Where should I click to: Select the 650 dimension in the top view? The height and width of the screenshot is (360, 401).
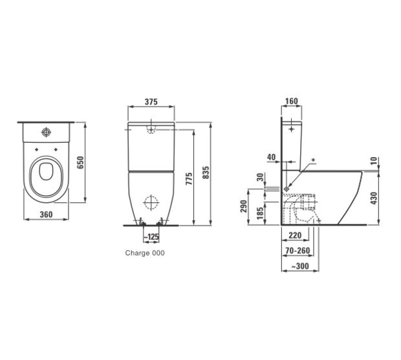coord(81,162)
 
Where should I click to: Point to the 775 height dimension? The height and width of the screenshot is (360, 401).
coord(190,179)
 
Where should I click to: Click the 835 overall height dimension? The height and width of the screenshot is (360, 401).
coord(207,173)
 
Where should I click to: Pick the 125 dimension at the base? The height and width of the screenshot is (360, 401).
coord(152,237)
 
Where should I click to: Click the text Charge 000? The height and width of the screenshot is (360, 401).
coord(144,253)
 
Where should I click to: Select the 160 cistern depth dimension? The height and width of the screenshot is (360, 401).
coord(291,101)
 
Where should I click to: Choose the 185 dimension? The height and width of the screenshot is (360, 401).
coord(260,213)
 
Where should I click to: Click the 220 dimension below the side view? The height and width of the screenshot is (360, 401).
coord(296,237)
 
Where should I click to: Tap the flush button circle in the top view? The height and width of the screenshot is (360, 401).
coord(47,134)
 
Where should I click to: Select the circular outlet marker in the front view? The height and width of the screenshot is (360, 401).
coord(150,202)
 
